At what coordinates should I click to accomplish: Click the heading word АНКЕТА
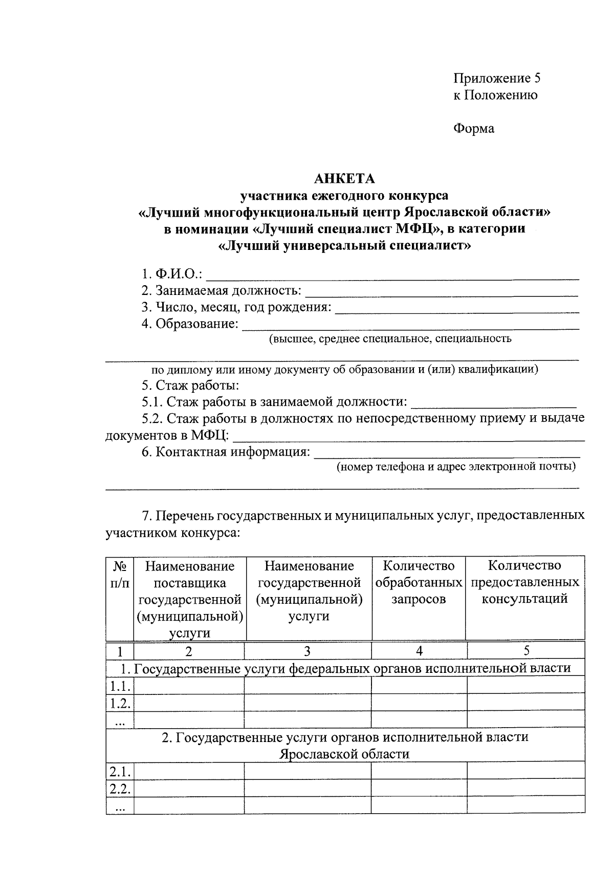[x=344, y=179]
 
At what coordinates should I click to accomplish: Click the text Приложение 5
[x=496, y=78]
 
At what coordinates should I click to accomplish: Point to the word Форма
[x=474, y=129]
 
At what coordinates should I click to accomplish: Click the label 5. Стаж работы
[x=191, y=385]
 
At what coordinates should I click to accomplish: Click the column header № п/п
[x=120, y=574]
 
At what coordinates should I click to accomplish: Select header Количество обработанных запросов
[x=419, y=582]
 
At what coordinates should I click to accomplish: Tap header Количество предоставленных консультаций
[x=524, y=582]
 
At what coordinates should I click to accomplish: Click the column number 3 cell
[x=307, y=651]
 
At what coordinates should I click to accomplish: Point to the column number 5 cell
[x=526, y=651]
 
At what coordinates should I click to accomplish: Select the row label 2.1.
[x=120, y=772]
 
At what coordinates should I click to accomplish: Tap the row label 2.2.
[x=120, y=789]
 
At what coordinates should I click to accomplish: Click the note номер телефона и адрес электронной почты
[x=455, y=467]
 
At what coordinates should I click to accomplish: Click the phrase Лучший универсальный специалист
[x=344, y=245]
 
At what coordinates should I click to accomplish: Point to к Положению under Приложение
[x=495, y=95]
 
